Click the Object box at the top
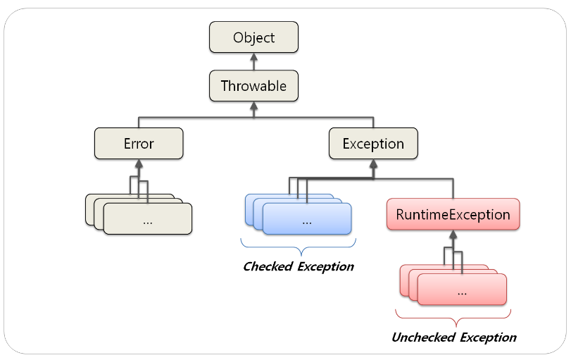point(253,37)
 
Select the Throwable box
point(253,86)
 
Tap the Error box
point(139,144)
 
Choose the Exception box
point(373,144)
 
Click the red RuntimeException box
point(453,215)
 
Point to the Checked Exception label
point(298,267)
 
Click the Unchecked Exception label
point(453,337)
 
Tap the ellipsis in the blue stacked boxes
point(306,220)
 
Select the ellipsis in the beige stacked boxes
point(148,220)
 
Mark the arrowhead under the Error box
point(139,163)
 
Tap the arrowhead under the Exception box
point(373,163)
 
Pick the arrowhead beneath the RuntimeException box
point(453,235)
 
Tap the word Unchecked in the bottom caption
point(423,337)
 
